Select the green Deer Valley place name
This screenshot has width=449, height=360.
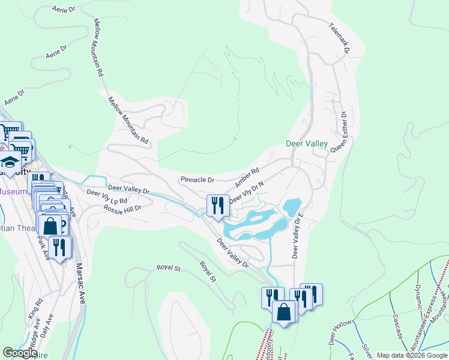coord(306,143)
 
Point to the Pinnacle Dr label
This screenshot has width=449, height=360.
coord(197,179)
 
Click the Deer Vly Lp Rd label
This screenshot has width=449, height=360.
coord(107,196)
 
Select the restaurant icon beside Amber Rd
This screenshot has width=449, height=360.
coord(217,205)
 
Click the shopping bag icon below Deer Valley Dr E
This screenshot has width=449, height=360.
coord(283,311)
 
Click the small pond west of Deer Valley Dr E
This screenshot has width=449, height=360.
coord(291,208)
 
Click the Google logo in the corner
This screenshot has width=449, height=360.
coord(20,353)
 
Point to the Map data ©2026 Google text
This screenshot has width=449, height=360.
coord(411,355)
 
